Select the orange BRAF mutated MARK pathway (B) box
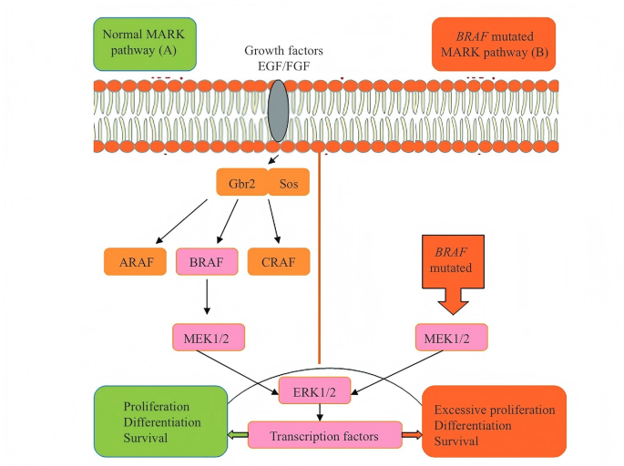(492, 43)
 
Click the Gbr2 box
(240, 182)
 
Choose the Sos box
(289, 182)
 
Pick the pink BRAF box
(207, 262)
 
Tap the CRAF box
(279, 262)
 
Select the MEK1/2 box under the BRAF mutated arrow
(451, 339)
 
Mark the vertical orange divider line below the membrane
(319, 255)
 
